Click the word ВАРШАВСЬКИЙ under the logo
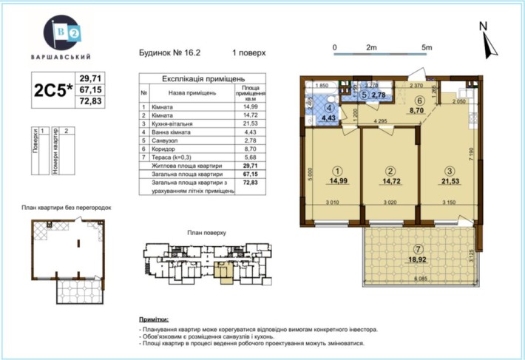(x=67, y=56)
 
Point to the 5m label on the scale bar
(x=426, y=47)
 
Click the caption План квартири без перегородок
(x=66, y=208)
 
